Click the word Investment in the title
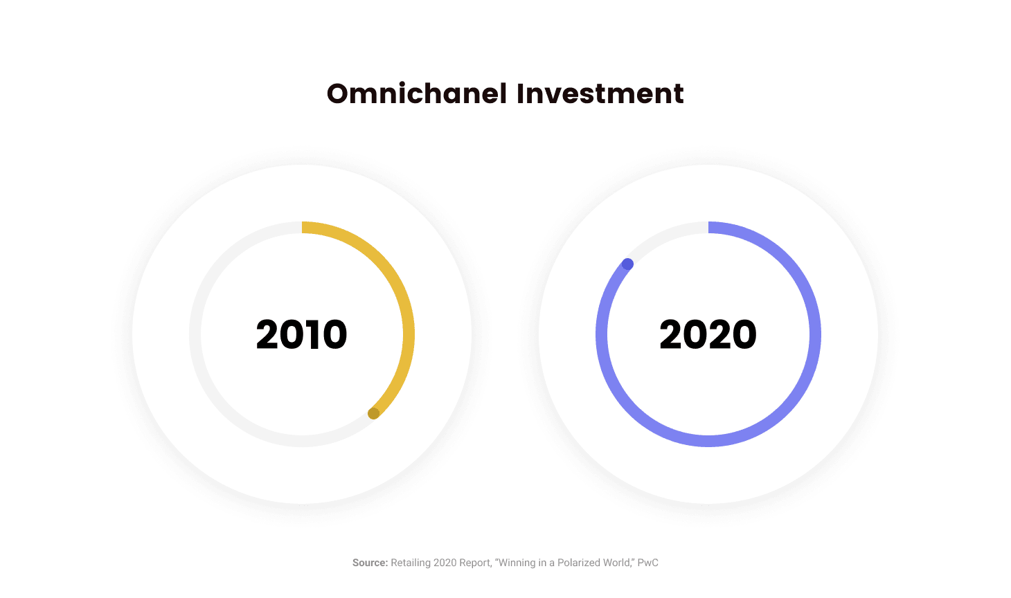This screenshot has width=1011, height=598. pyautogui.click(x=600, y=94)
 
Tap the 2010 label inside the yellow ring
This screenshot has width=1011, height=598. pyautogui.click(x=301, y=334)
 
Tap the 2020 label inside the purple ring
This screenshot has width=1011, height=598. pyautogui.click(x=708, y=334)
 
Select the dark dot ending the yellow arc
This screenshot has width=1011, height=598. pyautogui.click(x=374, y=413)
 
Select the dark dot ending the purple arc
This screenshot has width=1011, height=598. pyautogui.click(x=627, y=264)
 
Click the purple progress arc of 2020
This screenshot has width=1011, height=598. pyautogui.click(x=708, y=441)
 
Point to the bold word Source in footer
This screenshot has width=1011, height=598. pyautogui.click(x=370, y=563)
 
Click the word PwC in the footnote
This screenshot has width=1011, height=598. pyautogui.click(x=647, y=563)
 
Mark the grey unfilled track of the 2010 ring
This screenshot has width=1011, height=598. pyautogui.click(x=195, y=334)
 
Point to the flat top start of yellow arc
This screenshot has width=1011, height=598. pyautogui.click(x=302, y=227)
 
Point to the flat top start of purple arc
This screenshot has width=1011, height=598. pyautogui.click(x=708, y=227)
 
